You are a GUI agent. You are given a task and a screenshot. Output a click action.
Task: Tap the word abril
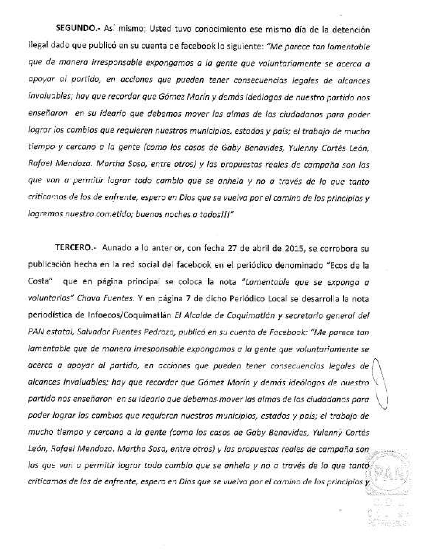[263, 248]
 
